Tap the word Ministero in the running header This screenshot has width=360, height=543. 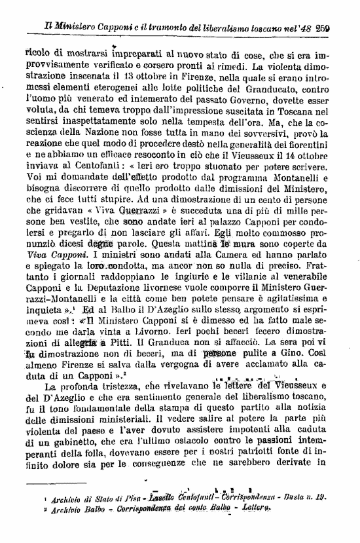65,28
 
